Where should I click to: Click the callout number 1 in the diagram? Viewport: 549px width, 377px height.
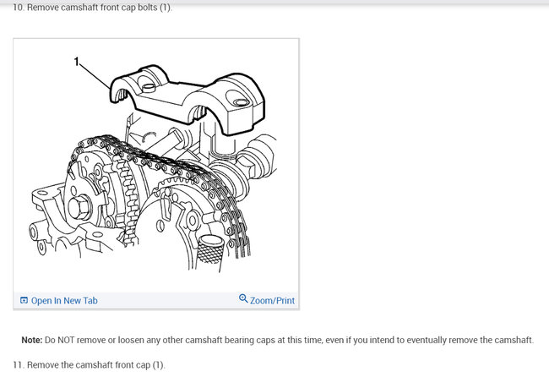coord(77,62)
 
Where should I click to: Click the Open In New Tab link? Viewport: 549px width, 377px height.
coord(64,300)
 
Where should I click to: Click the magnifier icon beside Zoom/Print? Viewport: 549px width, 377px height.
coord(243,299)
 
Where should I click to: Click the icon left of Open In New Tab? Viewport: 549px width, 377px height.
coord(24,300)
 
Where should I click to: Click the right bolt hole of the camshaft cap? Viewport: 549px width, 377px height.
coord(243,102)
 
